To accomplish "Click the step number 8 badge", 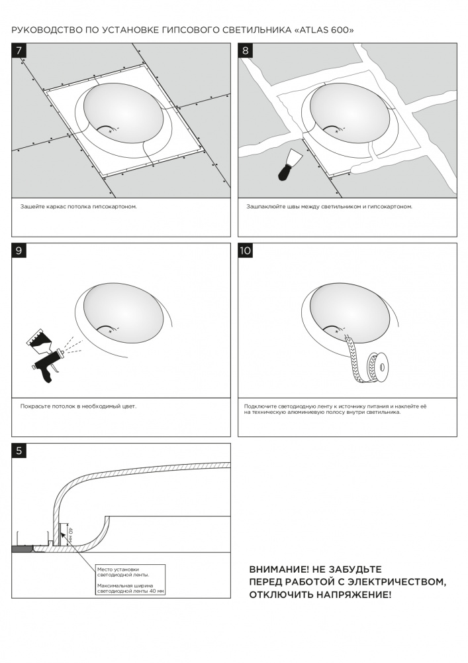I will (246, 50).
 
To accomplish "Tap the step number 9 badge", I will (20, 251).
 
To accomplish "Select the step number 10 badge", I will (246, 251).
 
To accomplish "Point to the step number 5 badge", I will (20, 451).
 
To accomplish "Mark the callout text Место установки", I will (118, 569).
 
